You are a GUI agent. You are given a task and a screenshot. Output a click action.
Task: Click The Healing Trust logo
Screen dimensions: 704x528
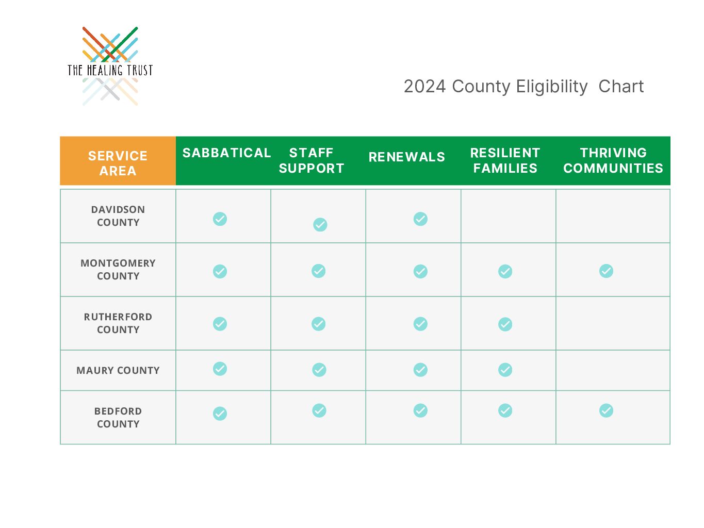[110, 66]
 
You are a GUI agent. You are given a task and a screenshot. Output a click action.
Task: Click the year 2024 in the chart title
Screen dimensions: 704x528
[424, 86]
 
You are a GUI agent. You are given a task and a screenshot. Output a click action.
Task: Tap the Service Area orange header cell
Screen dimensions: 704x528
[118, 160]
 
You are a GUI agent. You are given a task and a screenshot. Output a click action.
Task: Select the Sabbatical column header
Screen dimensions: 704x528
[226, 153]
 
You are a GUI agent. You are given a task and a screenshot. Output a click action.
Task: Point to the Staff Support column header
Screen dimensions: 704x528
[312, 160]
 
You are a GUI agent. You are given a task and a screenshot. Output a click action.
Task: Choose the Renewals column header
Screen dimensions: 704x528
[407, 157]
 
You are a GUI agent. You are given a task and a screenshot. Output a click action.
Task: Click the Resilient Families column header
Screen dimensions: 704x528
[505, 160]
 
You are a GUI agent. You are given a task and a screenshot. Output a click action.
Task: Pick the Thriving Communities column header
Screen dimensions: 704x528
[613, 160]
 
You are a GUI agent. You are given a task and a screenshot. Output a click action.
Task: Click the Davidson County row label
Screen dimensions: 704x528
[118, 216]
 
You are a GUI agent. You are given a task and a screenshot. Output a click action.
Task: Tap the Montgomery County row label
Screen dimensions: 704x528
[118, 269]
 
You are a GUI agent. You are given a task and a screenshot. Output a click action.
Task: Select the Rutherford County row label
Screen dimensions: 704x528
[118, 323]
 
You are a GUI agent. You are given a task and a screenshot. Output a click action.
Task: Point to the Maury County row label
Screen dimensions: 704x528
[118, 370]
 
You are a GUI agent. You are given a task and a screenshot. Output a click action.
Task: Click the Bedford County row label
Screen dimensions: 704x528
[118, 418]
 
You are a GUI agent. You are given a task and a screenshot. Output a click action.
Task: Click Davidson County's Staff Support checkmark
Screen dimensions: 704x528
[320, 224]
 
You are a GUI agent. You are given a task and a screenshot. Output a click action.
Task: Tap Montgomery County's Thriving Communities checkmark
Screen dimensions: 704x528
[606, 271]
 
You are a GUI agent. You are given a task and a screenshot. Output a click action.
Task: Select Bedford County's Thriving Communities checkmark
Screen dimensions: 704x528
[606, 410]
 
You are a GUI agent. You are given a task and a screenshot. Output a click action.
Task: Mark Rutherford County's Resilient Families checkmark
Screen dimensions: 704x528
[505, 324]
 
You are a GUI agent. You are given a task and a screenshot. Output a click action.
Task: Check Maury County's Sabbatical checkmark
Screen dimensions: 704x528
[220, 369]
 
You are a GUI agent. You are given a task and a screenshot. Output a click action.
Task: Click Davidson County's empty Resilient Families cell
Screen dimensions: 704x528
[509, 216]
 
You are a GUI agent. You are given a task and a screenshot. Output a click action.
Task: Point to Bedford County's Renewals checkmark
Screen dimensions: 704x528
[420, 410]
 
